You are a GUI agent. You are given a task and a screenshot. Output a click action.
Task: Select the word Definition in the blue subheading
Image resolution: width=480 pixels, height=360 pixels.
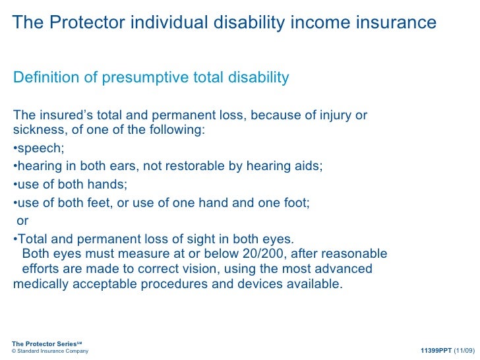tap(43, 78)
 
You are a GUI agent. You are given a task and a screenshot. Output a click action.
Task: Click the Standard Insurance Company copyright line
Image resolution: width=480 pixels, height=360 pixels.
tap(50, 351)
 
